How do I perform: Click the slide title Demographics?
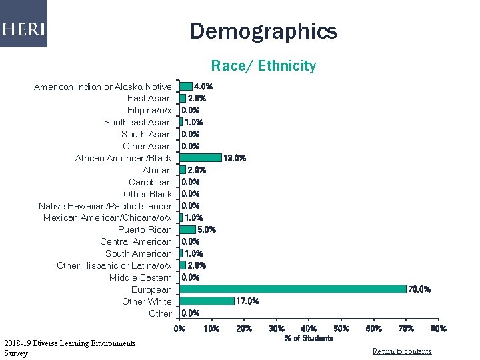263,31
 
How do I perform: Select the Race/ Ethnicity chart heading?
263,65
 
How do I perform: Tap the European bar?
293,289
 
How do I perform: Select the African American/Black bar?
201,158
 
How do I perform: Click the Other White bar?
207,301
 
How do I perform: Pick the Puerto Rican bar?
188,229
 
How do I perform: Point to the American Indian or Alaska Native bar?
186,86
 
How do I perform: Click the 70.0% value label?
420,289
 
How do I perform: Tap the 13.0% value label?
235,158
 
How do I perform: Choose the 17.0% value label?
247,301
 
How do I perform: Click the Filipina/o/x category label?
149,110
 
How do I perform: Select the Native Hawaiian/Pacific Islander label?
105,206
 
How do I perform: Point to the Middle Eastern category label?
141,277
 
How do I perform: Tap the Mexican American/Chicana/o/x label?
107,218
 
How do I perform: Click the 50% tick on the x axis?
341,328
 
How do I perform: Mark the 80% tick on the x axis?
439,328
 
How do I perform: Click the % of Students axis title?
309,339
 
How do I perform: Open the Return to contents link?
402,351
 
